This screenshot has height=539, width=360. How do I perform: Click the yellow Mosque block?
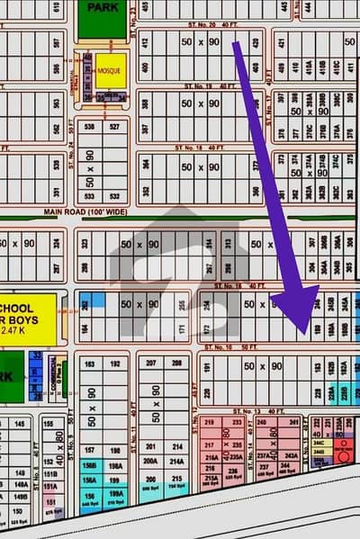coord(110,69)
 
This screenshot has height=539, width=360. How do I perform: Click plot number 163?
coord(89,363)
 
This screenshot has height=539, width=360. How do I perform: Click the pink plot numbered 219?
coord(210,421)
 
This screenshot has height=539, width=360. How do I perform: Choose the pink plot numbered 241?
coord(293,421)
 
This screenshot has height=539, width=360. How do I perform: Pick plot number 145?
coord(19,423)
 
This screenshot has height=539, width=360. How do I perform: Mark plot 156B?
coord(89,466)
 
